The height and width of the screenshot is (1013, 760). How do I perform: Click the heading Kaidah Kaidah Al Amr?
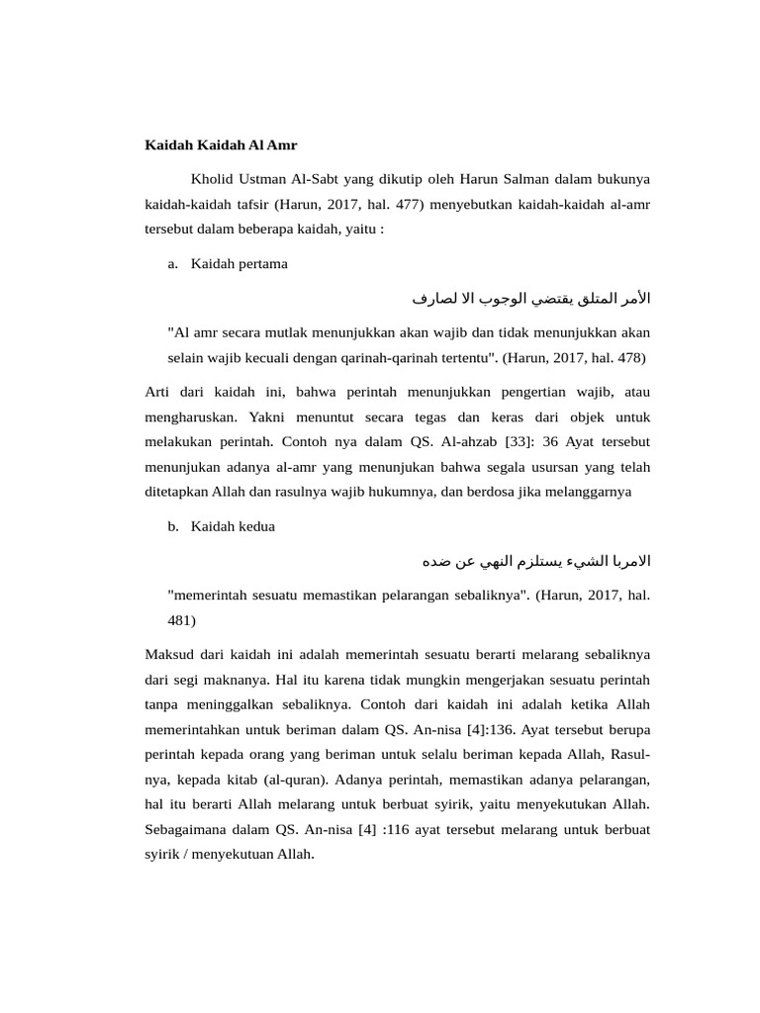pos(221,145)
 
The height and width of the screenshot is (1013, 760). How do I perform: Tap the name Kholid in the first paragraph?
pos(211,179)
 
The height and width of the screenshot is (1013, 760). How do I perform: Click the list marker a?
pos(173,264)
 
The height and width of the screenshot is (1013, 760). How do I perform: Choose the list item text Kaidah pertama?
pos(239,264)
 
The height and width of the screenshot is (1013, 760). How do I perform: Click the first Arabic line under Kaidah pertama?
pos(530,297)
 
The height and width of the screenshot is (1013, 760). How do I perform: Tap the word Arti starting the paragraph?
pos(159,393)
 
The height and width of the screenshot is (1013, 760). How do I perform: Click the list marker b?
pos(173,526)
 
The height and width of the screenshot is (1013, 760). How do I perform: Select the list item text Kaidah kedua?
pos(234,526)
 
